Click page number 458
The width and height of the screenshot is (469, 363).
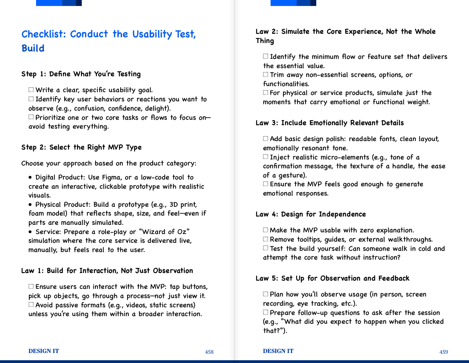tap(209, 352)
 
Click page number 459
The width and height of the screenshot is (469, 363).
tap(444, 352)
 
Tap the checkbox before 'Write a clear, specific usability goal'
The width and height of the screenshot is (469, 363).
tap(31, 90)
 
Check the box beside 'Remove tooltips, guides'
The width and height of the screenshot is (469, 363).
tap(266, 239)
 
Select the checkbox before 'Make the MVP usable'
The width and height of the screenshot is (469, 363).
tap(266, 230)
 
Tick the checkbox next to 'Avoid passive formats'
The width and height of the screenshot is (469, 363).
tap(31, 305)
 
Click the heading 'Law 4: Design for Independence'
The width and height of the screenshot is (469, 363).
tap(311, 214)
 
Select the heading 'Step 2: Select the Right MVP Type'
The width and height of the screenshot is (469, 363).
tap(81, 147)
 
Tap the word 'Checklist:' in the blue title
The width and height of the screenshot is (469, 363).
tap(44, 34)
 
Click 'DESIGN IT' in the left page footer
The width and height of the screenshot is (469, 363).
tap(44, 351)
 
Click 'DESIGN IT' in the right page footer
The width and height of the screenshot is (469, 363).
tap(278, 351)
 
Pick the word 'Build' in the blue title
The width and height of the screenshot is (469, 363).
tap(33, 48)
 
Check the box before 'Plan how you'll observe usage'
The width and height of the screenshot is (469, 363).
tap(266, 294)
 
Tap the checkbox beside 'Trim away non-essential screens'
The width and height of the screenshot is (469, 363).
tap(266, 75)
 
